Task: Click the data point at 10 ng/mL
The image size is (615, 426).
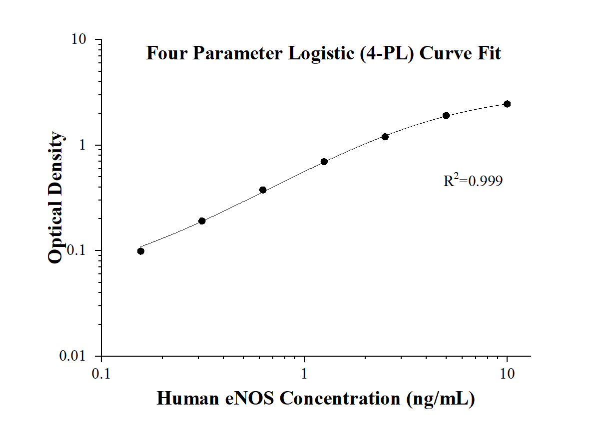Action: click(507, 104)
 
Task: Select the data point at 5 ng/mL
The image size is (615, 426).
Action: click(446, 116)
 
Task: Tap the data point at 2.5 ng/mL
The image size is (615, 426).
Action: click(385, 137)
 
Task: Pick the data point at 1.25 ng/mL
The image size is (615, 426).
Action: click(324, 162)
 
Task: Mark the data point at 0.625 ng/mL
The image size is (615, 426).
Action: click(263, 190)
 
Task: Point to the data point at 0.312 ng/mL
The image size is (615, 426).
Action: click(202, 221)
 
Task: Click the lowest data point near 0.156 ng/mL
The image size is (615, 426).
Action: click(141, 251)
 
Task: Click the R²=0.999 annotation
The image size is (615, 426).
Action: click(473, 181)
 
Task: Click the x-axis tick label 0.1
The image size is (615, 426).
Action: click(101, 373)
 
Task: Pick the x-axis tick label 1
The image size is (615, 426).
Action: click(304, 373)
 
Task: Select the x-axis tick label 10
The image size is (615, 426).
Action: click(508, 373)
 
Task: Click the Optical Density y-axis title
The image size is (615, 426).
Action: click(56, 198)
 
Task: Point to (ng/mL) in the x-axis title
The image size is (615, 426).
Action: click(440, 399)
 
